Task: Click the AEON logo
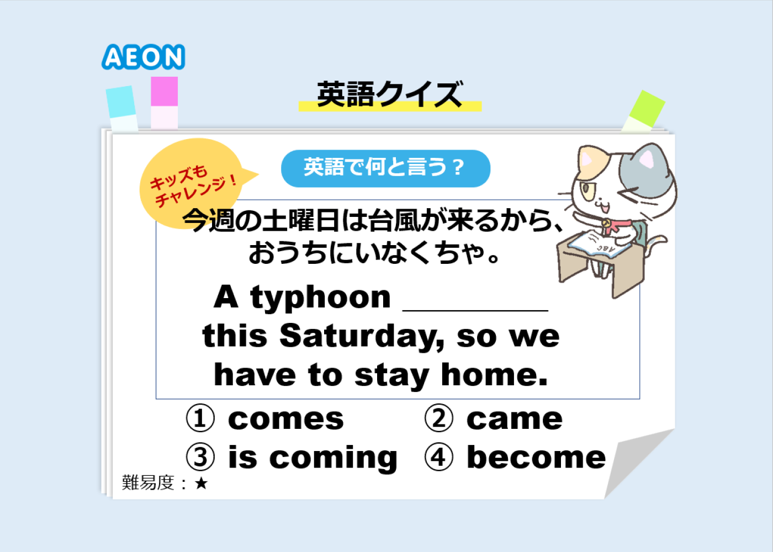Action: (x=143, y=57)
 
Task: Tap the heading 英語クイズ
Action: (x=390, y=94)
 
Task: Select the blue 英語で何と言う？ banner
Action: (x=385, y=168)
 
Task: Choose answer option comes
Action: (x=286, y=420)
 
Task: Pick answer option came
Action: (x=515, y=420)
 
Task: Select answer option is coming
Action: (x=313, y=458)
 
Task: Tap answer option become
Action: (x=536, y=458)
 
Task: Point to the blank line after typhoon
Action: (x=475, y=310)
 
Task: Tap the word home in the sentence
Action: (x=494, y=375)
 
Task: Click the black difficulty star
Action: (x=201, y=484)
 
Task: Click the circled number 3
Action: (x=200, y=458)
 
